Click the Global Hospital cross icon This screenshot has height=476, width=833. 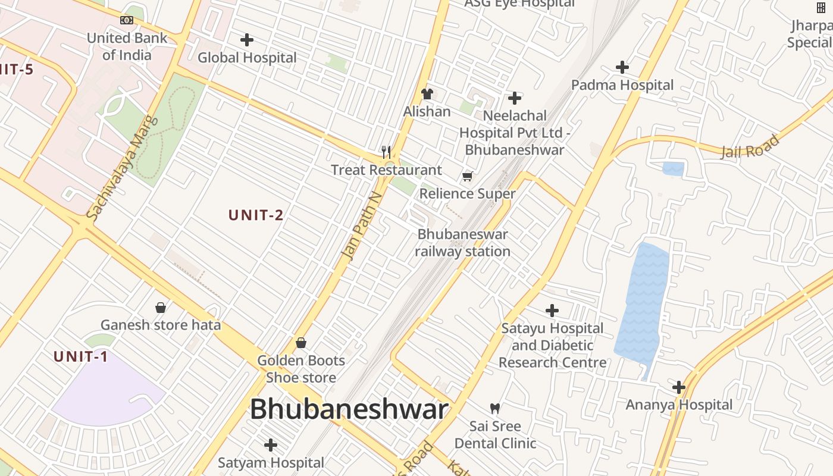point(247,40)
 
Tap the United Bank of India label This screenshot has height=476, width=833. point(127,46)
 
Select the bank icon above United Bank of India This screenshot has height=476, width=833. point(127,20)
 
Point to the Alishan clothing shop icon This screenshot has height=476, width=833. point(427,94)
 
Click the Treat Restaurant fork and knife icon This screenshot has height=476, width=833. point(386,152)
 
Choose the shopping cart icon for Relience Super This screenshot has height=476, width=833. point(468,176)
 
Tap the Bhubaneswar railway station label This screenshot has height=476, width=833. point(462,243)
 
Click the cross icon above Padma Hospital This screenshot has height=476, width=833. point(622,67)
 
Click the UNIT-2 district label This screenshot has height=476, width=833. point(256,215)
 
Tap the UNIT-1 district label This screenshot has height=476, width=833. point(81,357)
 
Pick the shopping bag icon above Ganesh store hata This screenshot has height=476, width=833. point(160,308)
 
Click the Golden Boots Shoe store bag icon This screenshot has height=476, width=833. point(301,343)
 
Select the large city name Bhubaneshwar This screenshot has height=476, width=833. point(349,409)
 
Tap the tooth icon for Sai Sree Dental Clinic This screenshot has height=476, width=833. point(494,408)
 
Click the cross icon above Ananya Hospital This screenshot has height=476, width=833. point(679,387)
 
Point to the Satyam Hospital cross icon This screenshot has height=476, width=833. point(271,445)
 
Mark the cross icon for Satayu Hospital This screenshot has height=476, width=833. point(552,310)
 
